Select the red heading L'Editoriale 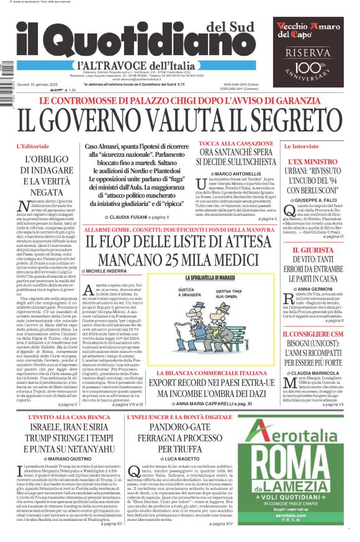click(x=31, y=146)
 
